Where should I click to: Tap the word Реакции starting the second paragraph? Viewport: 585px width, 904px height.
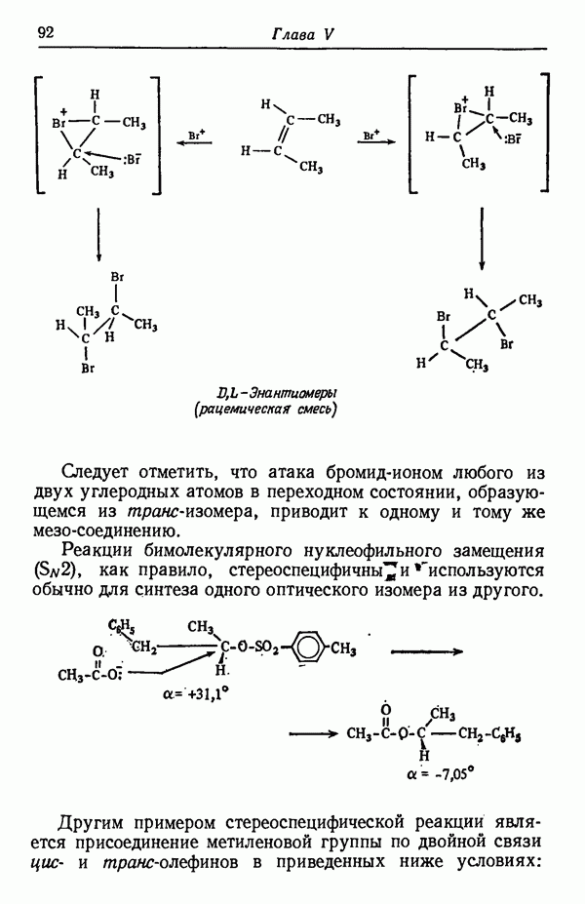[x=95, y=551]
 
